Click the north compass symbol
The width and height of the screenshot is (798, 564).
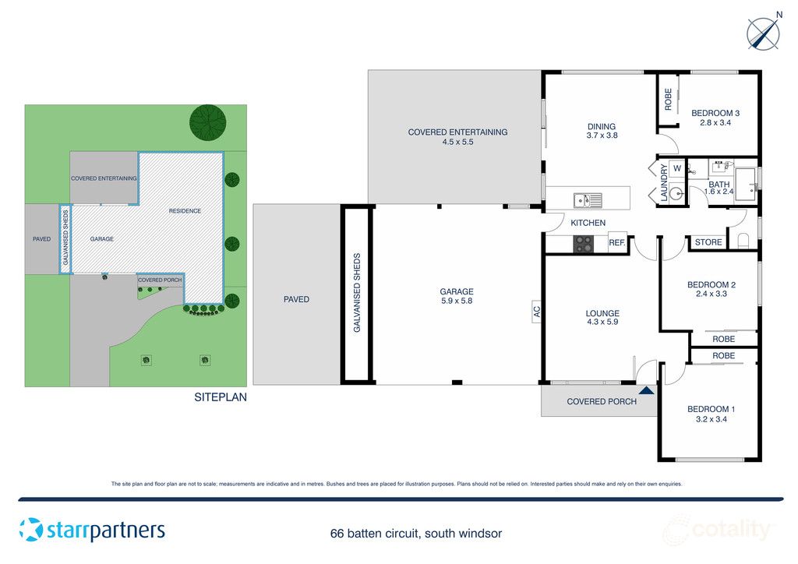pyautogui.click(x=764, y=33)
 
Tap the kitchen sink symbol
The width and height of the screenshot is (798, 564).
pyautogui.click(x=588, y=201)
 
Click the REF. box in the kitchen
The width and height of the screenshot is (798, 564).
pyautogui.click(x=617, y=243)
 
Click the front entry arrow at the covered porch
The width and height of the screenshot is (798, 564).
pyautogui.click(x=646, y=391)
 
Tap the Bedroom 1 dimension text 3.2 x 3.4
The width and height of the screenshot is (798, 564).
pyautogui.click(x=710, y=419)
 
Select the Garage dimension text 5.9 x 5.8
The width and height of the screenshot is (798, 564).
pyautogui.click(x=457, y=301)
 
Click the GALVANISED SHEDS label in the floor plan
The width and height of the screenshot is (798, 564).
pyautogui.click(x=357, y=293)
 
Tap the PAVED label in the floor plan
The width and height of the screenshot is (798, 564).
pyautogui.click(x=296, y=299)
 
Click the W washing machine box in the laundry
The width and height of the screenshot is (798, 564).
pyautogui.click(x=676, y=168)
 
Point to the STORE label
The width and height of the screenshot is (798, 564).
pyautogui.click(x=708, y=242)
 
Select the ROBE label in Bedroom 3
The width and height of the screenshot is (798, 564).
pyautogui.click(x=668, y=99)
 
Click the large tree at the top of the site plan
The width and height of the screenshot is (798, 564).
pyautogui.click(x=208, y=121)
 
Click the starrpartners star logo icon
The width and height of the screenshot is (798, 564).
pyautogui.click(x=31, y=530)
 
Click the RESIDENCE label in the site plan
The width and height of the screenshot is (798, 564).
pyautogui.click(x=185, y=211)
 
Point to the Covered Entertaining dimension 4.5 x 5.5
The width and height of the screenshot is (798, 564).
pyautogui.click(x=457, y=143)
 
